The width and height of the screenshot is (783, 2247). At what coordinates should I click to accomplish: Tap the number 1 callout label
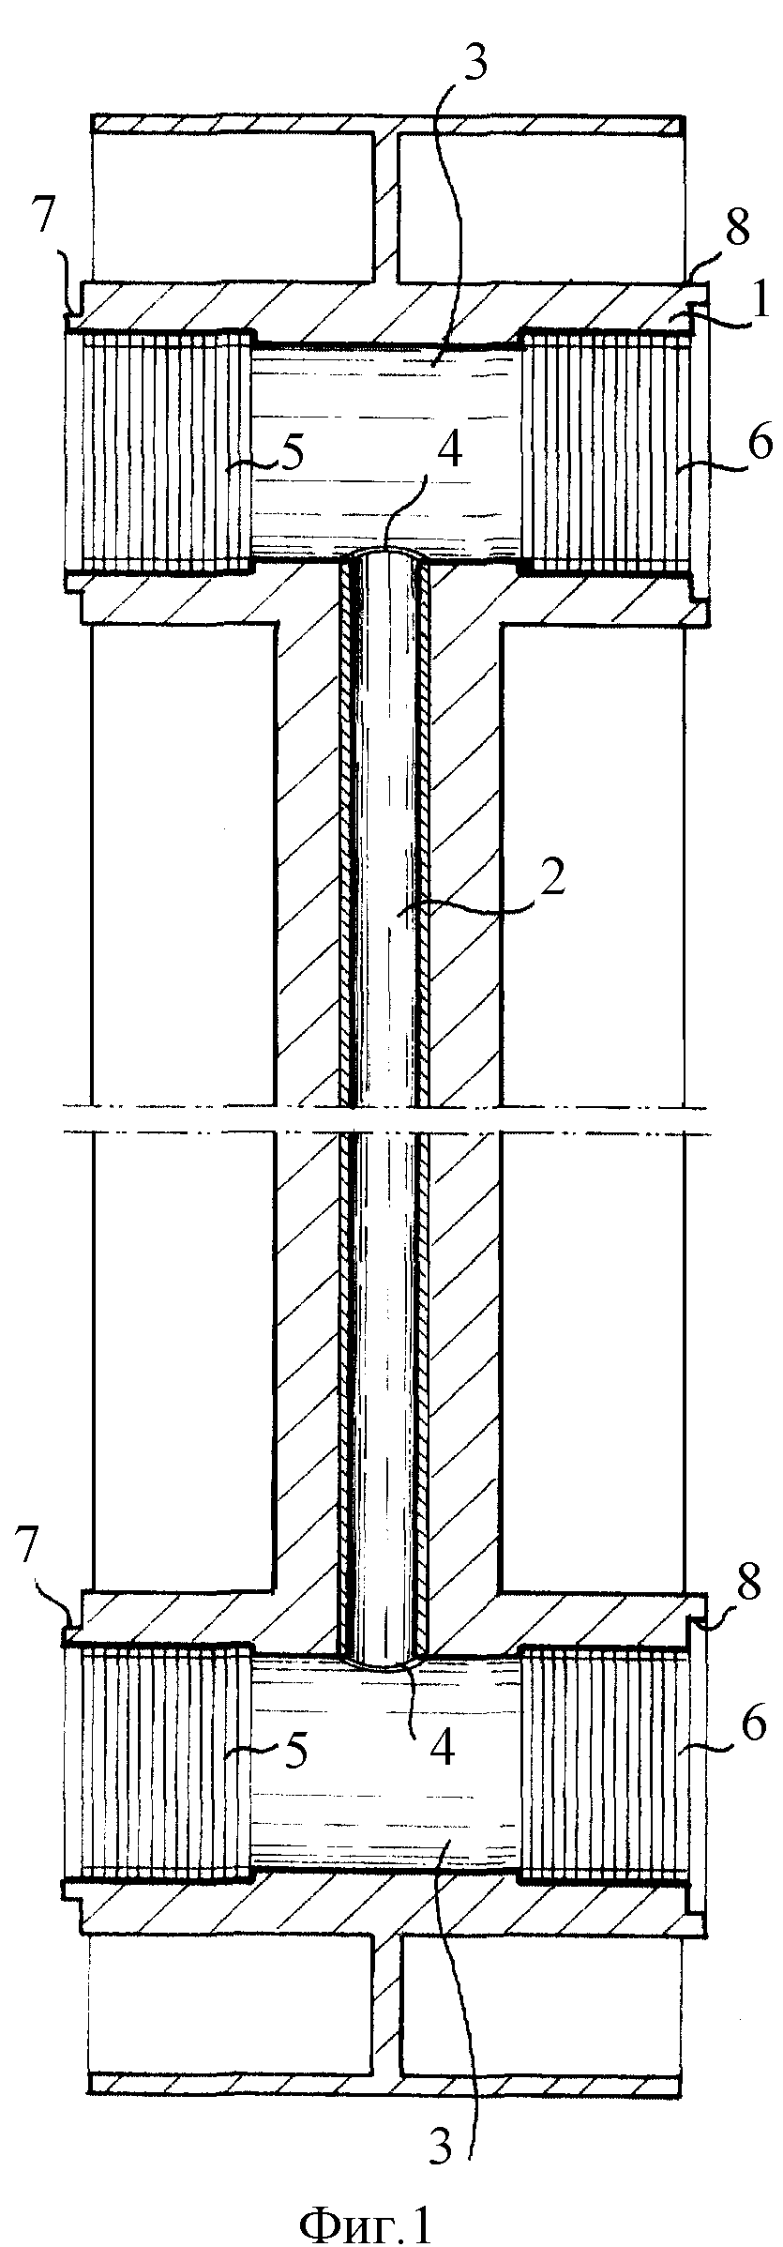click(760, 306)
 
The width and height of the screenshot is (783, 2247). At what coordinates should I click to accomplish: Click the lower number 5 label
click(294, 1751)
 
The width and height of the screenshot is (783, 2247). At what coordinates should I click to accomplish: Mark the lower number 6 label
click(756, 1747)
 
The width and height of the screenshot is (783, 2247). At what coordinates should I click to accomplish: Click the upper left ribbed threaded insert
click(158, 451)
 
